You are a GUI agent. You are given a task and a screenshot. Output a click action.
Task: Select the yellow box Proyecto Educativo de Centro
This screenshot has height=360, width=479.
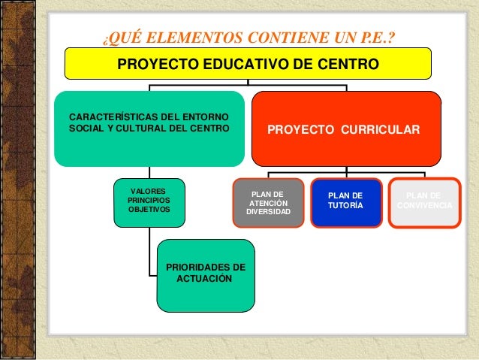248,64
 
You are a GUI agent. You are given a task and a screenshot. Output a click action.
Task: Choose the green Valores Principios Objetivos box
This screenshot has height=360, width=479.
149,203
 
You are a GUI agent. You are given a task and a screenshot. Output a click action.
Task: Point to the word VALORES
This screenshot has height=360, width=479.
149,192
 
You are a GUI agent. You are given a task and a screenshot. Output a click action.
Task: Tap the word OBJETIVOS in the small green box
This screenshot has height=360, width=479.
149,210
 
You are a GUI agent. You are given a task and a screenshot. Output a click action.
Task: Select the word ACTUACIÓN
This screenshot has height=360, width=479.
204,279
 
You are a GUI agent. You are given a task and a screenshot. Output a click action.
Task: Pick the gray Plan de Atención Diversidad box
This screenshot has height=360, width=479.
268,203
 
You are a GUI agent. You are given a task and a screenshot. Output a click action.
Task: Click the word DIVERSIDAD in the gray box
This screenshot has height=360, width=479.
268,213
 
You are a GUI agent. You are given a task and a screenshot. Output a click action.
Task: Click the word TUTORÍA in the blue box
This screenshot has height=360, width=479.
345,205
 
